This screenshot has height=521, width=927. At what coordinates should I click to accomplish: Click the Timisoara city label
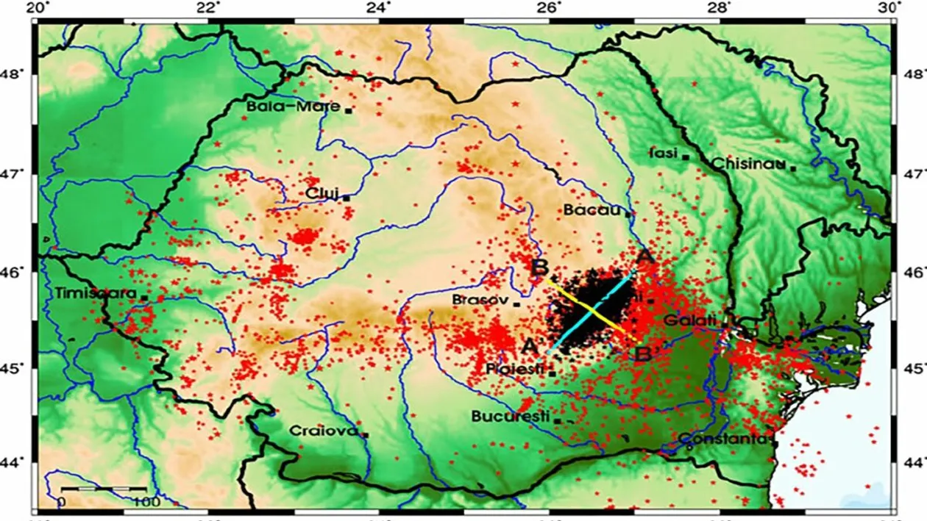96,293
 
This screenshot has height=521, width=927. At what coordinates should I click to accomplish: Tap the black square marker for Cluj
346,197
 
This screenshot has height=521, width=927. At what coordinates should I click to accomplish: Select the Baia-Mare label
293,106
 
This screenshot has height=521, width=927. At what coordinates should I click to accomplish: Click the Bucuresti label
510,417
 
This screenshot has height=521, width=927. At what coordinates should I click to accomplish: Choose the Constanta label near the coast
722,439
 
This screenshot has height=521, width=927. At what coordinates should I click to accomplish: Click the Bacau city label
593,210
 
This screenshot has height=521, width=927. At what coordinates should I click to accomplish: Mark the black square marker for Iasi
686,157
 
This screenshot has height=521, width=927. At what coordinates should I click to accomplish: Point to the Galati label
690,320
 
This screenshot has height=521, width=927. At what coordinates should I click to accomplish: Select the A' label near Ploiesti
530,345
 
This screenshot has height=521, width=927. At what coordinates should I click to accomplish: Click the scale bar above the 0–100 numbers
103,489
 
